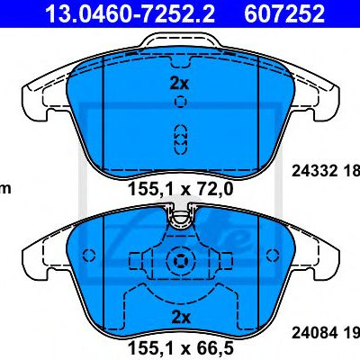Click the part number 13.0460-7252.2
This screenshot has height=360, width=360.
click(130, 13)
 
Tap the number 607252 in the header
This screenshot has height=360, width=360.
click(284, 13)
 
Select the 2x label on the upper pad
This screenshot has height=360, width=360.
click(179, 84)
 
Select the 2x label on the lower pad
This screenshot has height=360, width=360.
click(181, 317)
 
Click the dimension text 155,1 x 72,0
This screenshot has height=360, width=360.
click(181, 189)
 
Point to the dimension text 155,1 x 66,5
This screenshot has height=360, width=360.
click(181, 348)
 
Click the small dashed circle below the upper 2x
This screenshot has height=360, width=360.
click(180, 102)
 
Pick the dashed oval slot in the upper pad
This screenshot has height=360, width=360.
click(180, 139)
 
